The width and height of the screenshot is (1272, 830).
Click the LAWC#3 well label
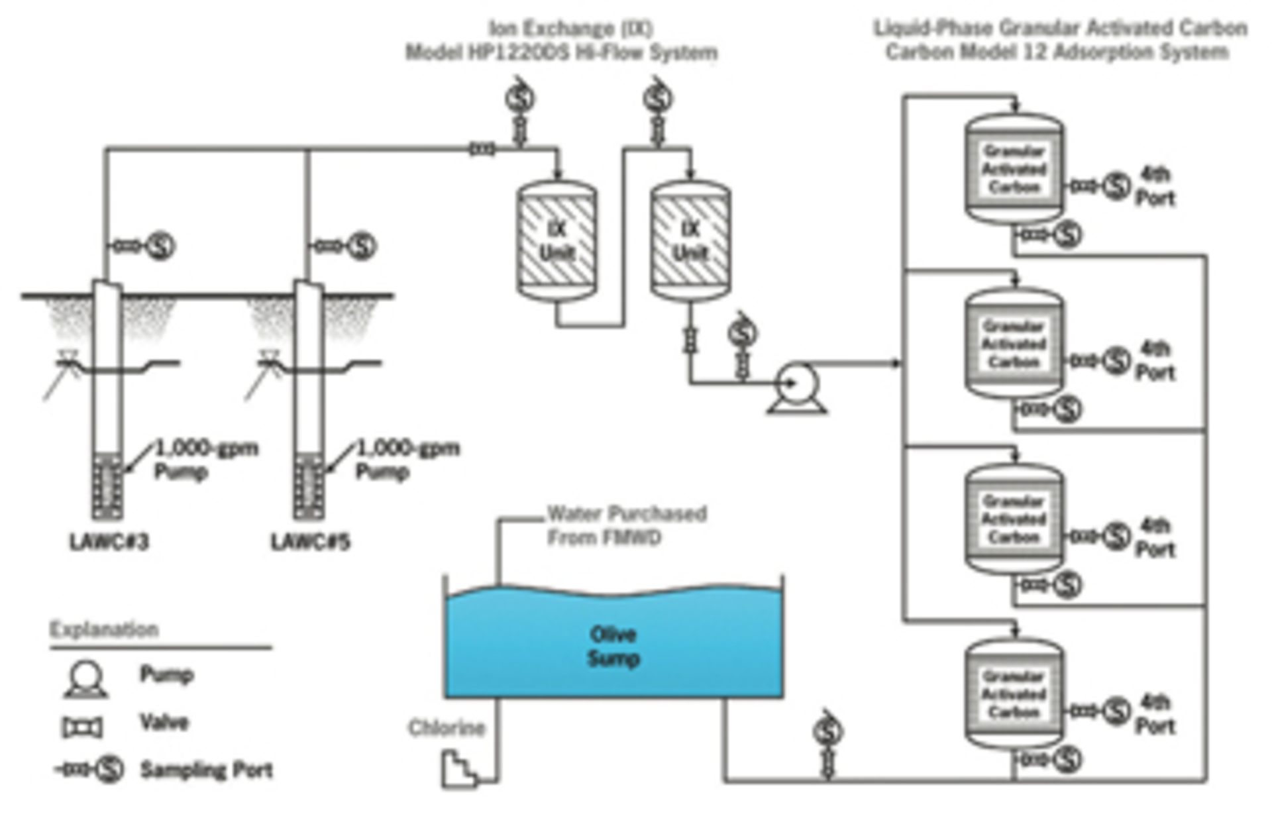[x=109, y=542]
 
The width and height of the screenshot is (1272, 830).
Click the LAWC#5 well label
[x=310, y=542]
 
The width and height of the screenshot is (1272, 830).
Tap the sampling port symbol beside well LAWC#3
[x=160, y=246]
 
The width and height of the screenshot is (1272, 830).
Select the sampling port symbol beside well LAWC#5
[x=362, y=246]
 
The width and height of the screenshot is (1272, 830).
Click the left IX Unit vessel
[x=556, y=240]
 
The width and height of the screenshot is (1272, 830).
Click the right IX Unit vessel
[x=690, y=240]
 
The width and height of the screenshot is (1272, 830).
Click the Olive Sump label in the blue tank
[x=613, y=646]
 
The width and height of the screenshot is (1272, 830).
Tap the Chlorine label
[x=447, y=728]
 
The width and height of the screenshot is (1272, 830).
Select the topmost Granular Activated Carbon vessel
[x=1014, y=168]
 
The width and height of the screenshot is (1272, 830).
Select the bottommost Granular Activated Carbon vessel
[x=1014, y=694]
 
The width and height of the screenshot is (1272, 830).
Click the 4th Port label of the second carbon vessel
[x=1155, y=360]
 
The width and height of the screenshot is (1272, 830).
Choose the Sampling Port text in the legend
[x=206, y=770]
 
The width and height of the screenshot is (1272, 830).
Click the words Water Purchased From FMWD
[x=626, y=525]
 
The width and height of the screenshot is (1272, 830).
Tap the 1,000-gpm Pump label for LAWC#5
[x=407, y=459]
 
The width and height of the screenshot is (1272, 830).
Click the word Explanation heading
[x=104, y=629]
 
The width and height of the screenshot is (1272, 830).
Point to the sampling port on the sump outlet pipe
[x=827, y=731]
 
